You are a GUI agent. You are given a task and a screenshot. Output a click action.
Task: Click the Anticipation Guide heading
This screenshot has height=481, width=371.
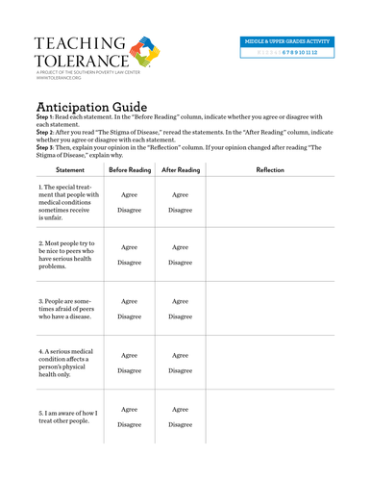point(91,107)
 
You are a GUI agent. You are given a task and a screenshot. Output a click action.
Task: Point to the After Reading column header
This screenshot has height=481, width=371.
point(180,169)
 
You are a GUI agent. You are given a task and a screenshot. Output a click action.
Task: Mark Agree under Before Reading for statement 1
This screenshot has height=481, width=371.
point(129,193)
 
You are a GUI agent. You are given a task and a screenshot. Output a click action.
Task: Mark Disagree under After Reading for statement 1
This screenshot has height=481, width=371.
point(180,209)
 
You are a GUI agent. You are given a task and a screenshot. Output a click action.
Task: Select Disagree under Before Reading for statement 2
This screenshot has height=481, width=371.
point(129,262)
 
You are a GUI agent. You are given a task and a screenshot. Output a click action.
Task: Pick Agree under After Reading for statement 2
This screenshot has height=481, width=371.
point(180,247)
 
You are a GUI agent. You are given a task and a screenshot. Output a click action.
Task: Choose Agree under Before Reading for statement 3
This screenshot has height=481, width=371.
point(129,301)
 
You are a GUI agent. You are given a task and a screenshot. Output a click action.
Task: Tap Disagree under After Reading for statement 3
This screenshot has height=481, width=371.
point(180,316)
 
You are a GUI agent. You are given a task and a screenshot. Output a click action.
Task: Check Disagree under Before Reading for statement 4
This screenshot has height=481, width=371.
point(129,370)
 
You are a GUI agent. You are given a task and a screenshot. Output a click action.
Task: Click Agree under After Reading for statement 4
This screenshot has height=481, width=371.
point(180,355)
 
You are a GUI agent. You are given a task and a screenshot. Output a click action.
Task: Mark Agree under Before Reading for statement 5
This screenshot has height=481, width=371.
point(129,409)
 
